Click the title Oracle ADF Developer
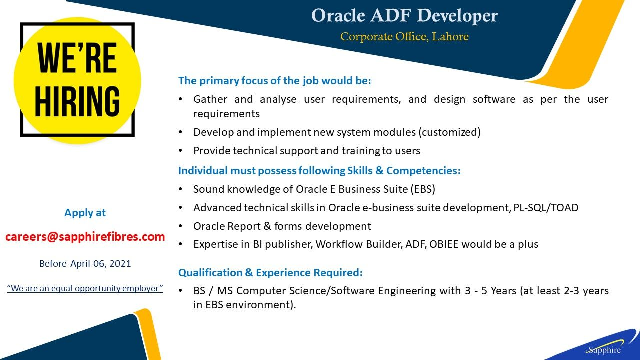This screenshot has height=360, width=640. [x=404, y=16]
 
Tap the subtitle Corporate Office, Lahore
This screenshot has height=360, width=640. [x=404, y=37]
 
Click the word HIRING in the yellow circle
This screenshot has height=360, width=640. [x=77, y=101]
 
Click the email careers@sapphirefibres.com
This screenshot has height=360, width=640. [x=85, y=237]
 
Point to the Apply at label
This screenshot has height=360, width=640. [x=85, y=213]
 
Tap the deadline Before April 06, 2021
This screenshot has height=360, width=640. [x=85, y=263]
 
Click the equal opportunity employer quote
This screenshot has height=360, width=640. [x=85, y=288]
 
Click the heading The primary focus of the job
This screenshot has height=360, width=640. [x=275, y=81]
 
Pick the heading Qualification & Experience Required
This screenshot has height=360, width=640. [x=270, y=273]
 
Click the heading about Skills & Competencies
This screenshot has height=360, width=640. [x=319, y=171]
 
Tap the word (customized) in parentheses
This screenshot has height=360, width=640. [x=450, y=132]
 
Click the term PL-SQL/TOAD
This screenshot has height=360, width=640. [x=546, y=208]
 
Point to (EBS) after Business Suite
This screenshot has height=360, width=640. [x=423, y=189]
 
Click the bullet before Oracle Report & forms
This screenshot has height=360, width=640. [x=180, y=226]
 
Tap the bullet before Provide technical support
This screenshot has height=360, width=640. [x=180, y=151]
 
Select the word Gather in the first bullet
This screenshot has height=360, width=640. [x=210, y=99]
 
